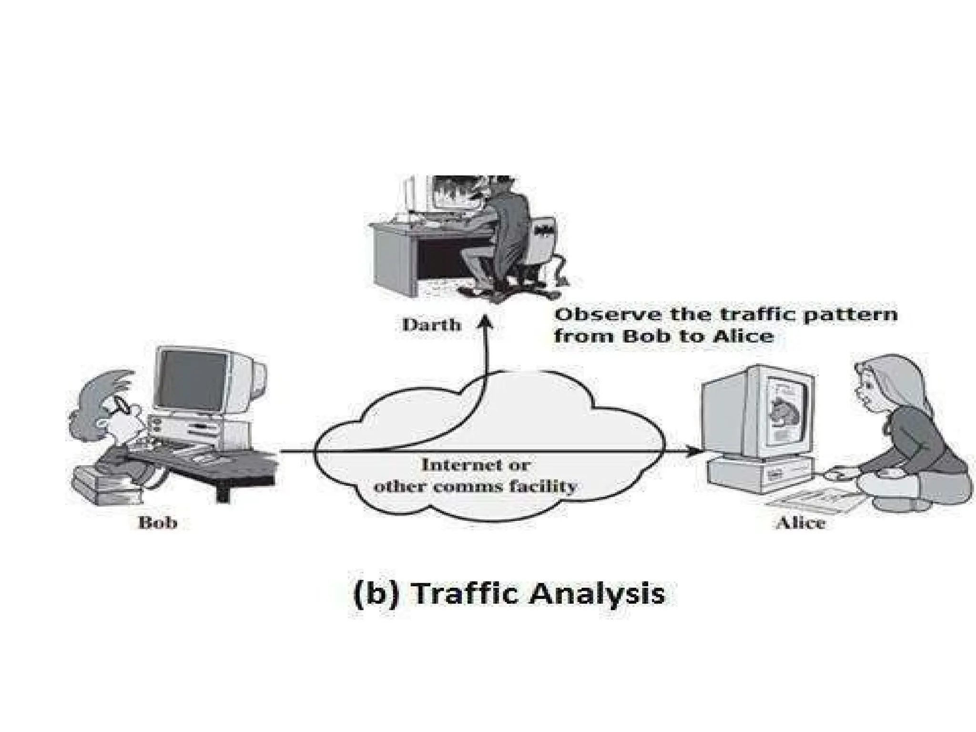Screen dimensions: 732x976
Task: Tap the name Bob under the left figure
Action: pyautogui.click(x=158, y=522)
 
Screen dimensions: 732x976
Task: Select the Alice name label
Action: pyautogui.click(x=800, y=523)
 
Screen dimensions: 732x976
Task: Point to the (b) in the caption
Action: pyautogui.click(x=376, y=595)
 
